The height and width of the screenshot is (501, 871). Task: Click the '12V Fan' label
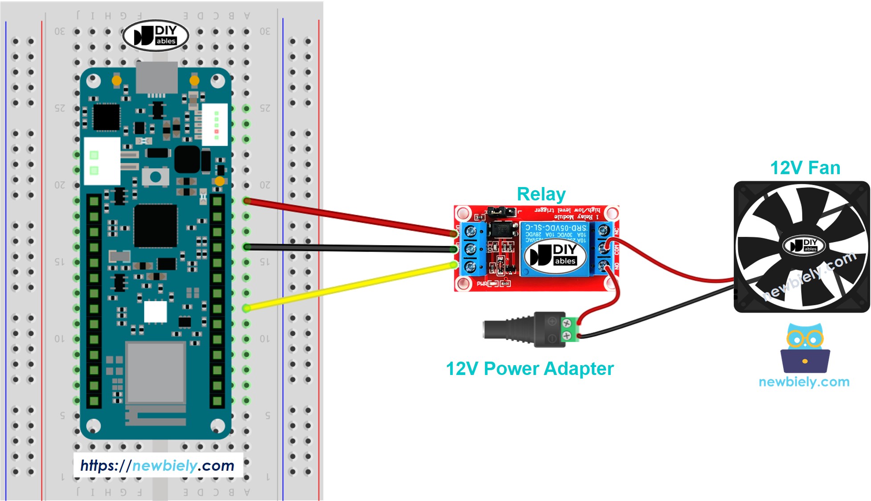tap(805, 168)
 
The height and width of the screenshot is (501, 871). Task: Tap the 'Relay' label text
tap(541, 194)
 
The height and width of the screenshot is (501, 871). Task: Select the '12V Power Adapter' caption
tap(530, 369)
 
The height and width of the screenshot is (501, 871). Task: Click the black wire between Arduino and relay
tap(348, 248)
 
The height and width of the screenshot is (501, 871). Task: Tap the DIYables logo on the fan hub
tap(803, 245)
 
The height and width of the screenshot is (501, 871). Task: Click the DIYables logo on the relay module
tap(555, 255)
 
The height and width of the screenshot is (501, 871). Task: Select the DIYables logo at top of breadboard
tap(156, 36)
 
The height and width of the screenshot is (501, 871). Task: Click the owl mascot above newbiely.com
tap(805, 349)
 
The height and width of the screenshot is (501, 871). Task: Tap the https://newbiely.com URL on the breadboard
tap(157, 465)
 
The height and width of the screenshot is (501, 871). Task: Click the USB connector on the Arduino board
tap(156, 77)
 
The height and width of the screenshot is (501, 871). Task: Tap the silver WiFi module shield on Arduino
tap(155, 372)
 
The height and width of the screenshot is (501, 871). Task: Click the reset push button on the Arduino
tap(155, 177)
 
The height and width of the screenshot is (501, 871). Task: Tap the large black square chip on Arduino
tap(156, 226)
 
